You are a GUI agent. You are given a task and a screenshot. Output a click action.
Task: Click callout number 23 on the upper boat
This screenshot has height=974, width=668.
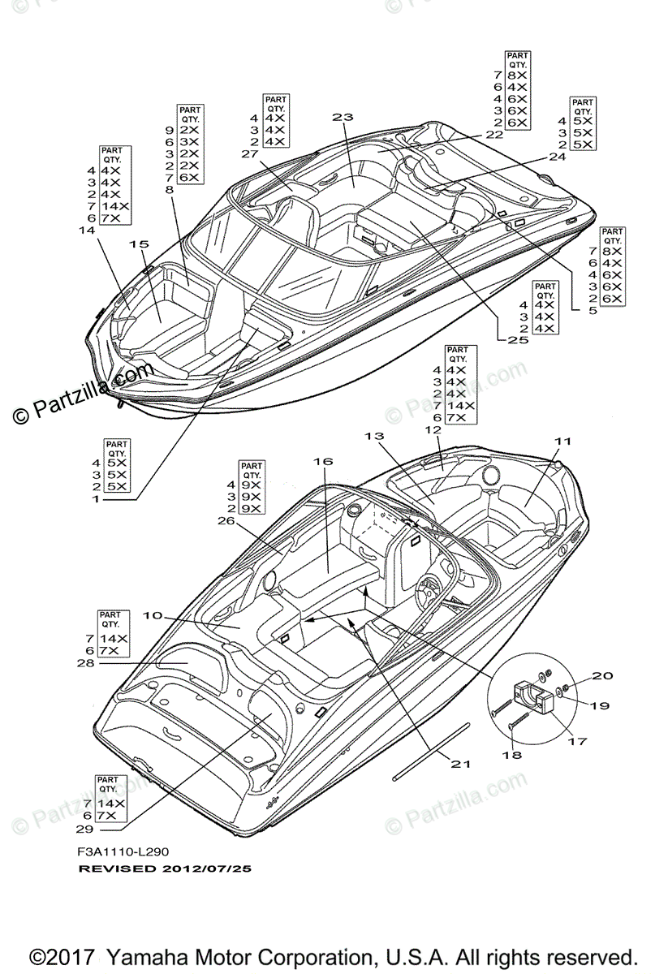point(343,117)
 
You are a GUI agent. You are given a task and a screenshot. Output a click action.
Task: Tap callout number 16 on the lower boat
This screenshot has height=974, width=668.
point(323,461)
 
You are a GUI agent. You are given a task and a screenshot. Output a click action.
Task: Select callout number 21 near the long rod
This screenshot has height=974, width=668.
point(460,764)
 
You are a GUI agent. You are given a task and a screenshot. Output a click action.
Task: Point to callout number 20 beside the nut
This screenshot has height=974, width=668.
point(601,675)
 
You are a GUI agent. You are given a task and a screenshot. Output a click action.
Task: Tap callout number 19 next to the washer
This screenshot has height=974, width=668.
point(599,705)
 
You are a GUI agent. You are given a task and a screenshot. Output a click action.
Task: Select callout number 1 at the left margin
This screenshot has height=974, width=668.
point(96,499)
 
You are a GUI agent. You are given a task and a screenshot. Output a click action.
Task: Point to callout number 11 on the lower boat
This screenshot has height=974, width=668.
point(563,441)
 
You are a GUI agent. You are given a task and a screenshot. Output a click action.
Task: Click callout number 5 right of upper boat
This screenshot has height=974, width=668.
point(592,310)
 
